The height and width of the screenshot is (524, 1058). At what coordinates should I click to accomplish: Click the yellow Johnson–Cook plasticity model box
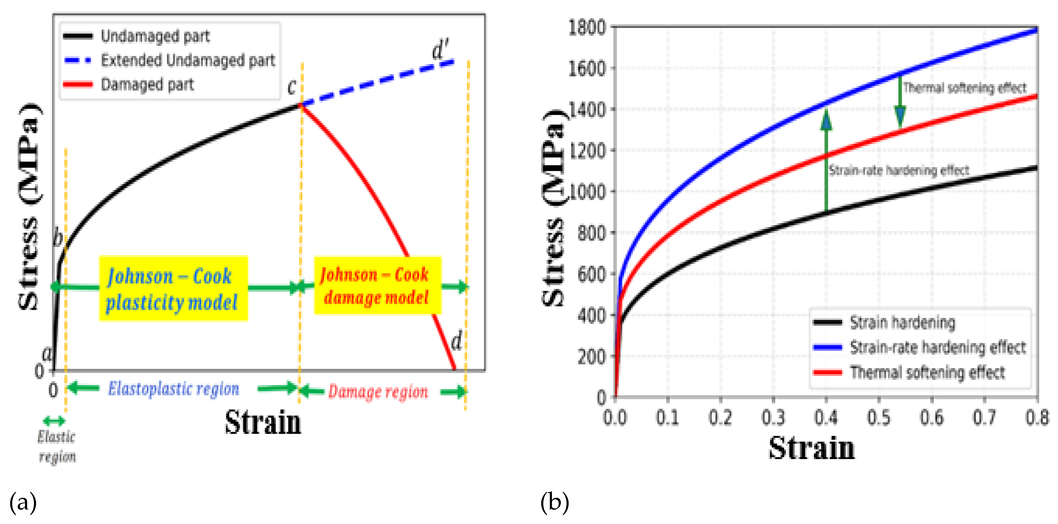[x=173, y=288]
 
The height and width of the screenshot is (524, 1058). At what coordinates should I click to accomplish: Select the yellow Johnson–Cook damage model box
[x=377, y=286]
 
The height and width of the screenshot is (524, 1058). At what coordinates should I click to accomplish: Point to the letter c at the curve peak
[x=292, y=86]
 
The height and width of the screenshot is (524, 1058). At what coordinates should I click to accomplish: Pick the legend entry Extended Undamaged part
[x=187, y=60]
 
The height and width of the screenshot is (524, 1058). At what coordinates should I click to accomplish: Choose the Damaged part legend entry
[x=147, y=85]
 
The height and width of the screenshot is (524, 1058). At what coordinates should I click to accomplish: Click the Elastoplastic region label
[x=173, y=389]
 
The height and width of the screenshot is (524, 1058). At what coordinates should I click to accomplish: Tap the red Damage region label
[x=378, y=392]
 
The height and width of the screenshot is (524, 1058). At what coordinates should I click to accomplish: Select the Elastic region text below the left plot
[x=57, y=446]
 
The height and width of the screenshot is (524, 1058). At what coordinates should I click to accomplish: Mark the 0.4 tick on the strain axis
[x=826, y=418]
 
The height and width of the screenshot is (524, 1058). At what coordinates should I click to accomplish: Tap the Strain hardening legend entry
[x=902, y=322]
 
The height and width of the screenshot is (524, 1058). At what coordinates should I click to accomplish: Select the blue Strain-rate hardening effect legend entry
[x=937, y=347]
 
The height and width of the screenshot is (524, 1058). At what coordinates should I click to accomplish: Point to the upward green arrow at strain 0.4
[x=826, y=160]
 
